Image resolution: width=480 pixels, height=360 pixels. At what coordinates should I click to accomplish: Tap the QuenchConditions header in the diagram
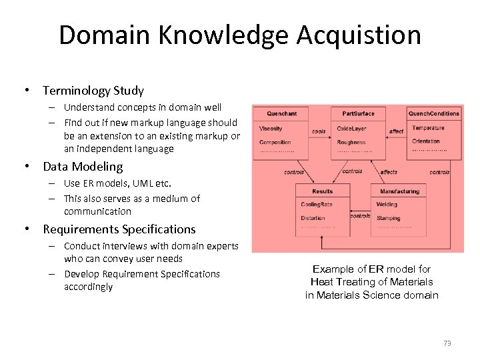(x=434, y=113)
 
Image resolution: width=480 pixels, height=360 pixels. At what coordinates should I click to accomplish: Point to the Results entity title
(x=323, y=191)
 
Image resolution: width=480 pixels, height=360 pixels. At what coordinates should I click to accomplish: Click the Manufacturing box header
(x=399, y=191)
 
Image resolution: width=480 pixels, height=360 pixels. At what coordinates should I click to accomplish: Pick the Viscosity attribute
(x=271, y=128)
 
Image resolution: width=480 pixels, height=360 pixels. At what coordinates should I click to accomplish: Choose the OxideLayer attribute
(x=351, y=128)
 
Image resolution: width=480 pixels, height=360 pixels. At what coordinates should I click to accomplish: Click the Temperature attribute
(x=427, y=128)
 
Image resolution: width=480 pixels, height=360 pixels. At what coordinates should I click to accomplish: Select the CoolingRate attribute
(x=316, y=204)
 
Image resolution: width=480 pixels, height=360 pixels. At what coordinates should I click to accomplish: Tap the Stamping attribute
(x=388, y=218)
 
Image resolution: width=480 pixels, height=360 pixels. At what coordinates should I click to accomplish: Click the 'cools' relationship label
(x=319, y=131)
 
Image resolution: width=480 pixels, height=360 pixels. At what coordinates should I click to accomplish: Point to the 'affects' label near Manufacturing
(x=389, y=172)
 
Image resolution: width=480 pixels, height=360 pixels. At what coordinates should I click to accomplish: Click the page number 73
(x=447, y=343)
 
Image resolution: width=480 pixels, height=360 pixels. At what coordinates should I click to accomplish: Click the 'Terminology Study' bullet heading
(x=93, y=90)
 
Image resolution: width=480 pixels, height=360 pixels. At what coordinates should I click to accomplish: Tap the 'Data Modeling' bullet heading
(x=83, y=167)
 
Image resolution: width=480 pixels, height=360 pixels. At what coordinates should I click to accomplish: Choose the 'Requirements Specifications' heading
(x=119, y=229)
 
